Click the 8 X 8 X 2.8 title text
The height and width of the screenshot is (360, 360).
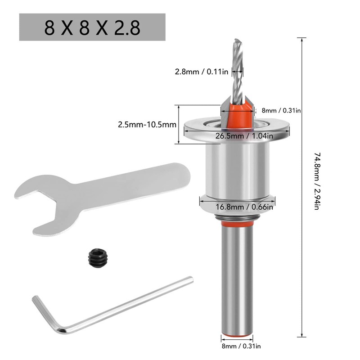point(92,28)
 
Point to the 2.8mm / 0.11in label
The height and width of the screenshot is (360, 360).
point(202,71)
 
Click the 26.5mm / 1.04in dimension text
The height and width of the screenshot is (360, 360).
point(237,136)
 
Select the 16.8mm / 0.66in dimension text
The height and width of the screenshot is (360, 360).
point(237,207)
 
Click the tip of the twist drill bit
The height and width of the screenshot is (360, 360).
point(237,41)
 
